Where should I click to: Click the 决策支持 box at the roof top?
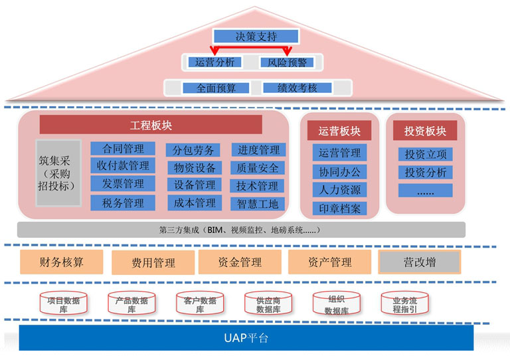click(253, 37)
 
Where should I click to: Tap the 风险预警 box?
click(287, 62)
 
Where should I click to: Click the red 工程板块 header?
click(151, 125)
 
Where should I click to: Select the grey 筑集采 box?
click(58, 172)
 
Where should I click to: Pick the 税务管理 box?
click(122, 203)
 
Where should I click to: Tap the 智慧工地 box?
click(258, 203)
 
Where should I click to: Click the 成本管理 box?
click(195, 203)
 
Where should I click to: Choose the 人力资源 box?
click(339, 190)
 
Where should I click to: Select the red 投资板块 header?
click(425, 131)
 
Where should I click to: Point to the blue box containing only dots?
click(425, 191)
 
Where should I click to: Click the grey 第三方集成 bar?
click(241, 230)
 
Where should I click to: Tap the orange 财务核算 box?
click(62, 262)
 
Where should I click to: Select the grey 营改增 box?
click(420, 262)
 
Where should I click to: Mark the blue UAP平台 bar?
click(246, 338)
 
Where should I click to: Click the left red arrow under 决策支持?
click(214, 50)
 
